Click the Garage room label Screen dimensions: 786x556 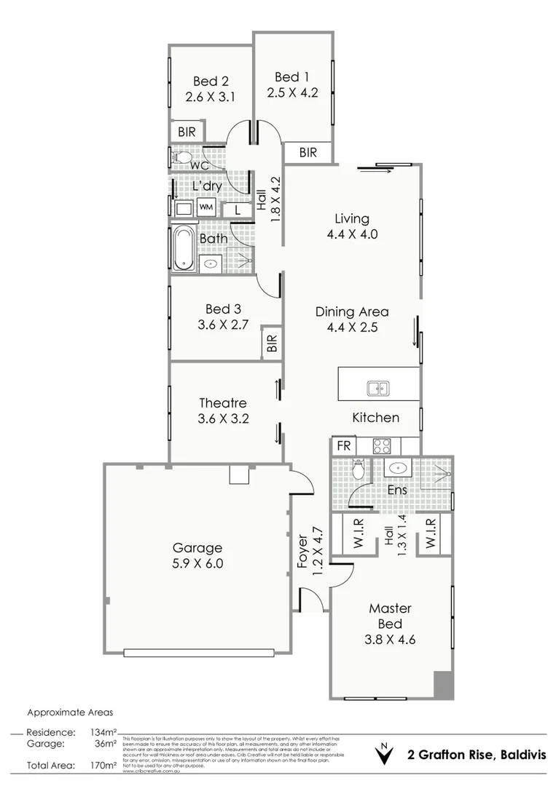coord(197,548)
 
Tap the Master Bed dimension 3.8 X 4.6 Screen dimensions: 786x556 coord(390,640)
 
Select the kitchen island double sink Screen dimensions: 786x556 coord(378,389)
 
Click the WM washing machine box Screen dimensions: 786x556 coord(205,207)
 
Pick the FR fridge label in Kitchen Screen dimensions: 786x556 coord(342,445)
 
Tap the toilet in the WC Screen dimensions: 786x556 coord(182,156)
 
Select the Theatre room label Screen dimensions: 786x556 coord(223,403)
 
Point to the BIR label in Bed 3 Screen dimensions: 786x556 coord(273,344)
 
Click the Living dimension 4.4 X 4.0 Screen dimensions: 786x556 coord(352,234)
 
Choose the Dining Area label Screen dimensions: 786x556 coord(352,311)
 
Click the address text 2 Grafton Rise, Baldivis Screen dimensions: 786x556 coord(477,754)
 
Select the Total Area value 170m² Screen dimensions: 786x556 coord(104,766)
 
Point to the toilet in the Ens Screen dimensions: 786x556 coord(358,471)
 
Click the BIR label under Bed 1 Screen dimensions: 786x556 coord(308,153)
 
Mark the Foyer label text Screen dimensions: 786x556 coord(302,553)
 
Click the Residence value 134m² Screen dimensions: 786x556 coord(104,732)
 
